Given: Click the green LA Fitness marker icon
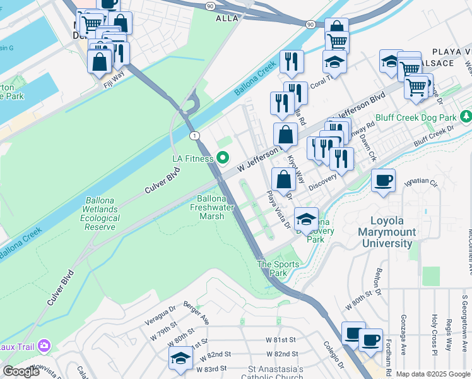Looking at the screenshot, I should point(222,158).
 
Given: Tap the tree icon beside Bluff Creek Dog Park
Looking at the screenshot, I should point(466,117).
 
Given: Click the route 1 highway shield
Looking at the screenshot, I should point(195,136).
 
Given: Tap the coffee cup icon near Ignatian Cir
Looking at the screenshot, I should point(383,181).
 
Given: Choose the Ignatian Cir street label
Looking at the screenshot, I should point(420,184).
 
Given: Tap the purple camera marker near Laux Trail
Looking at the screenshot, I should point(44,345).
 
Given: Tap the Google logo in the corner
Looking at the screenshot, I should point(21,371).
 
